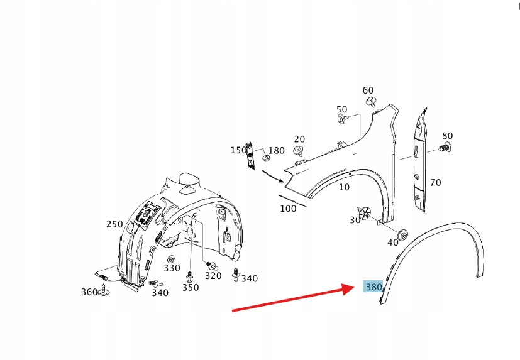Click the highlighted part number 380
pos(373,287)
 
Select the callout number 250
pos(114,224)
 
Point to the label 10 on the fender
pos(344,187)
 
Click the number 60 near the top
pos(368,90)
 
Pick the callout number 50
pos(341,109)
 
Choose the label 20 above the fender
pos(299,139)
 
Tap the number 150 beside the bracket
pos(238,150)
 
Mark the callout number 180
pos(277,151)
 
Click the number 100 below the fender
pos(288,209)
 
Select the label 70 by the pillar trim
pos(435,183)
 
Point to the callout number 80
pos(447,136)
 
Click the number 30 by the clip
pos(355,220)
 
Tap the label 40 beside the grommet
pos(393,243)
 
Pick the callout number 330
pos(172,268)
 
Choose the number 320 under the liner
pos(213,275)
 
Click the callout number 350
pos(191,288)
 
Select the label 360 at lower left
pos(89,292)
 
